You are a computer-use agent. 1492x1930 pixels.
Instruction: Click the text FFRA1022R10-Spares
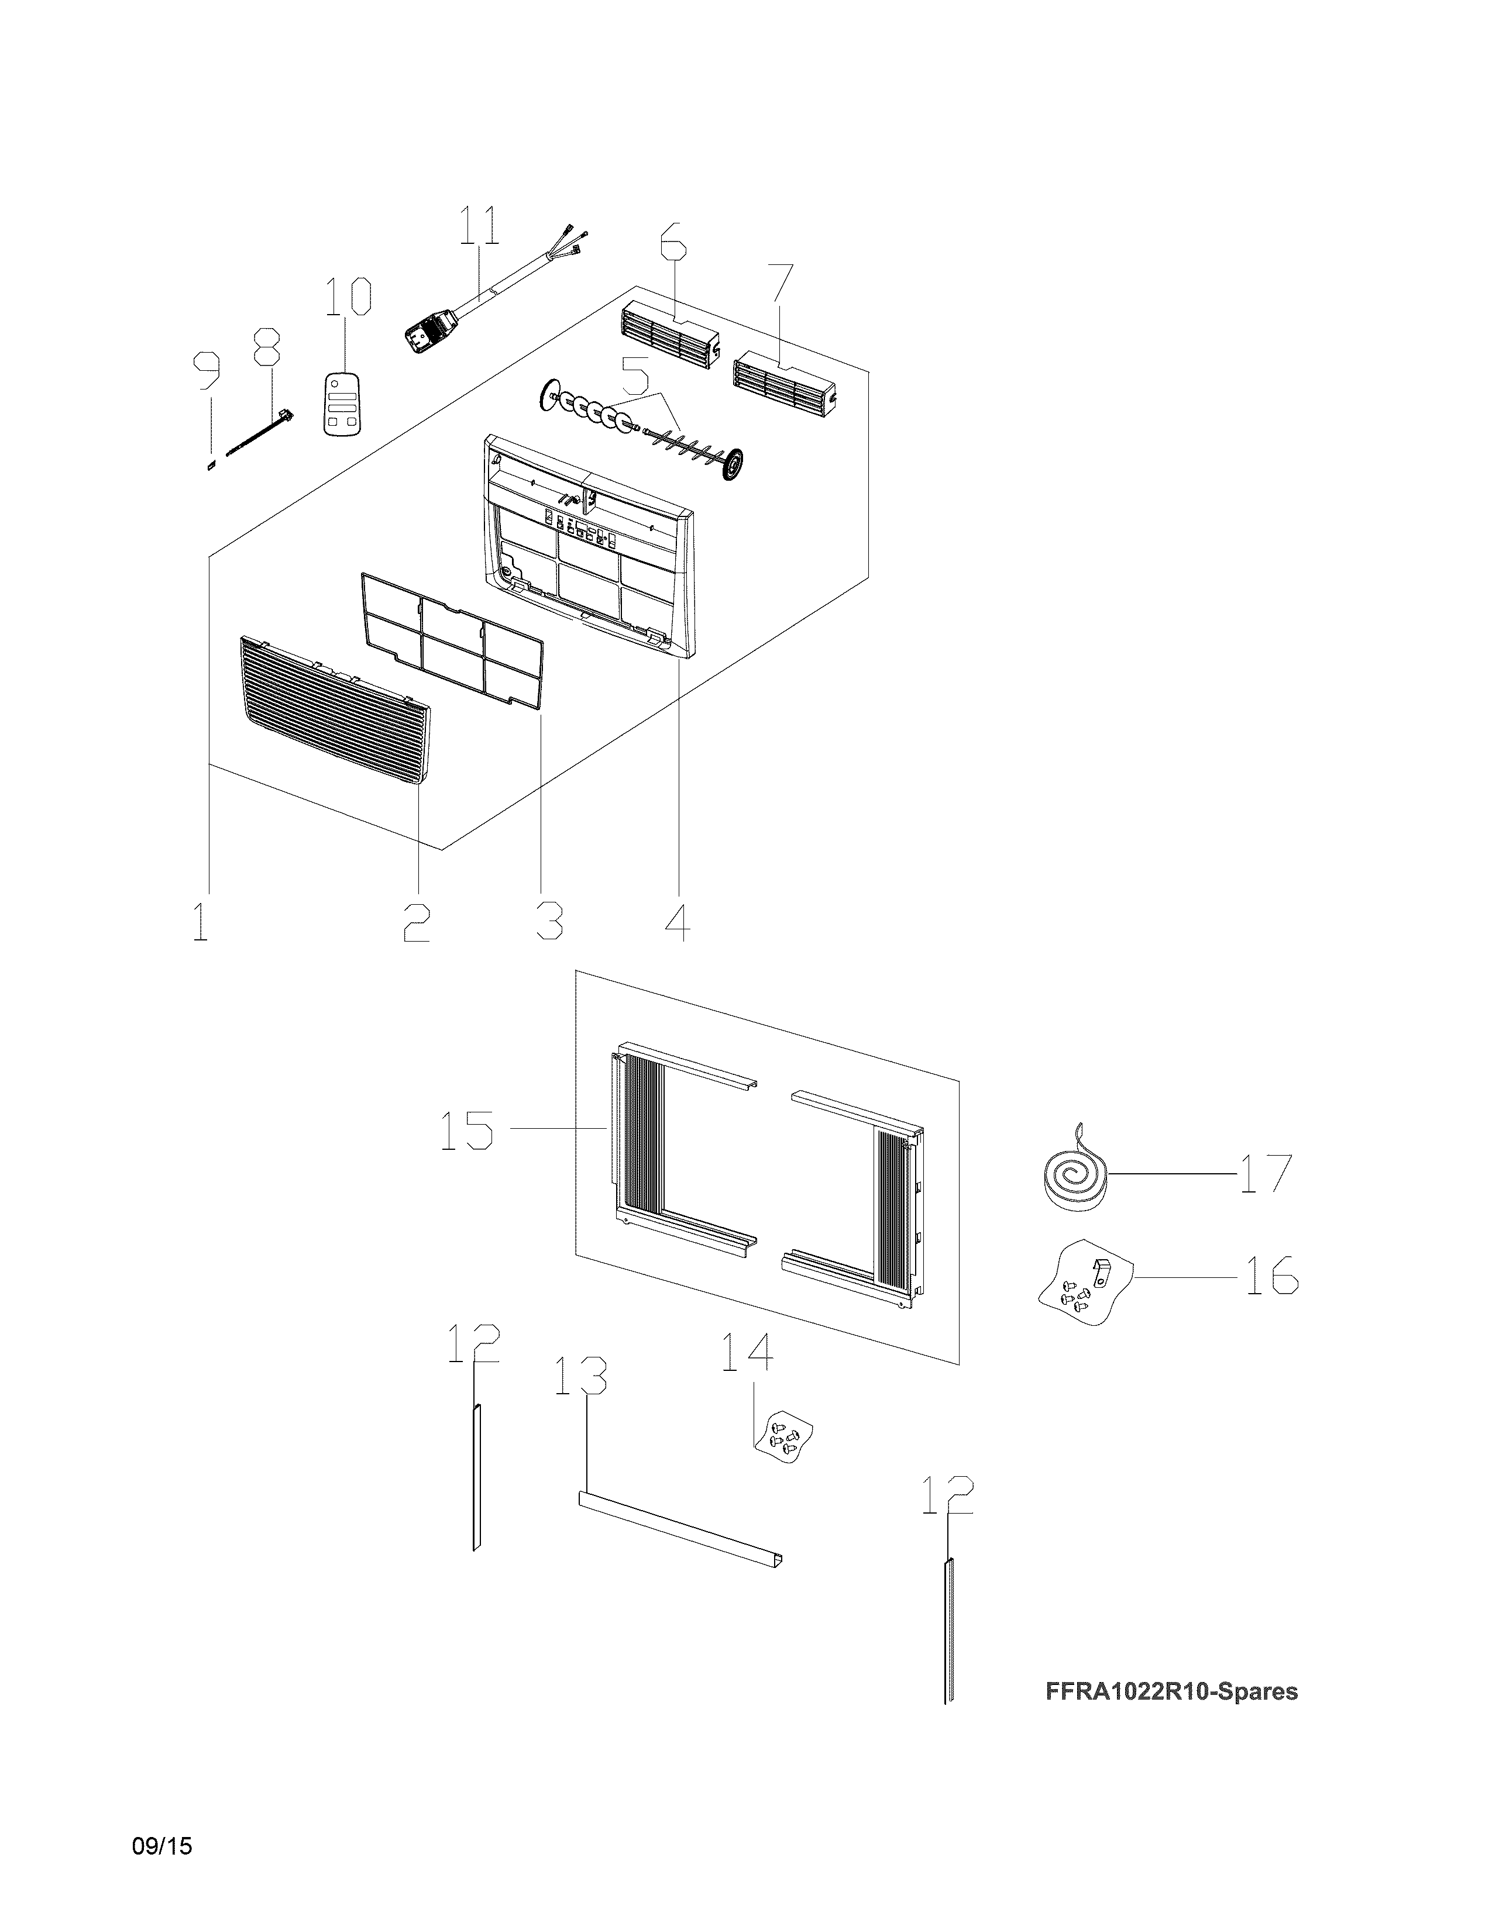[x=1171, y=1691]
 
